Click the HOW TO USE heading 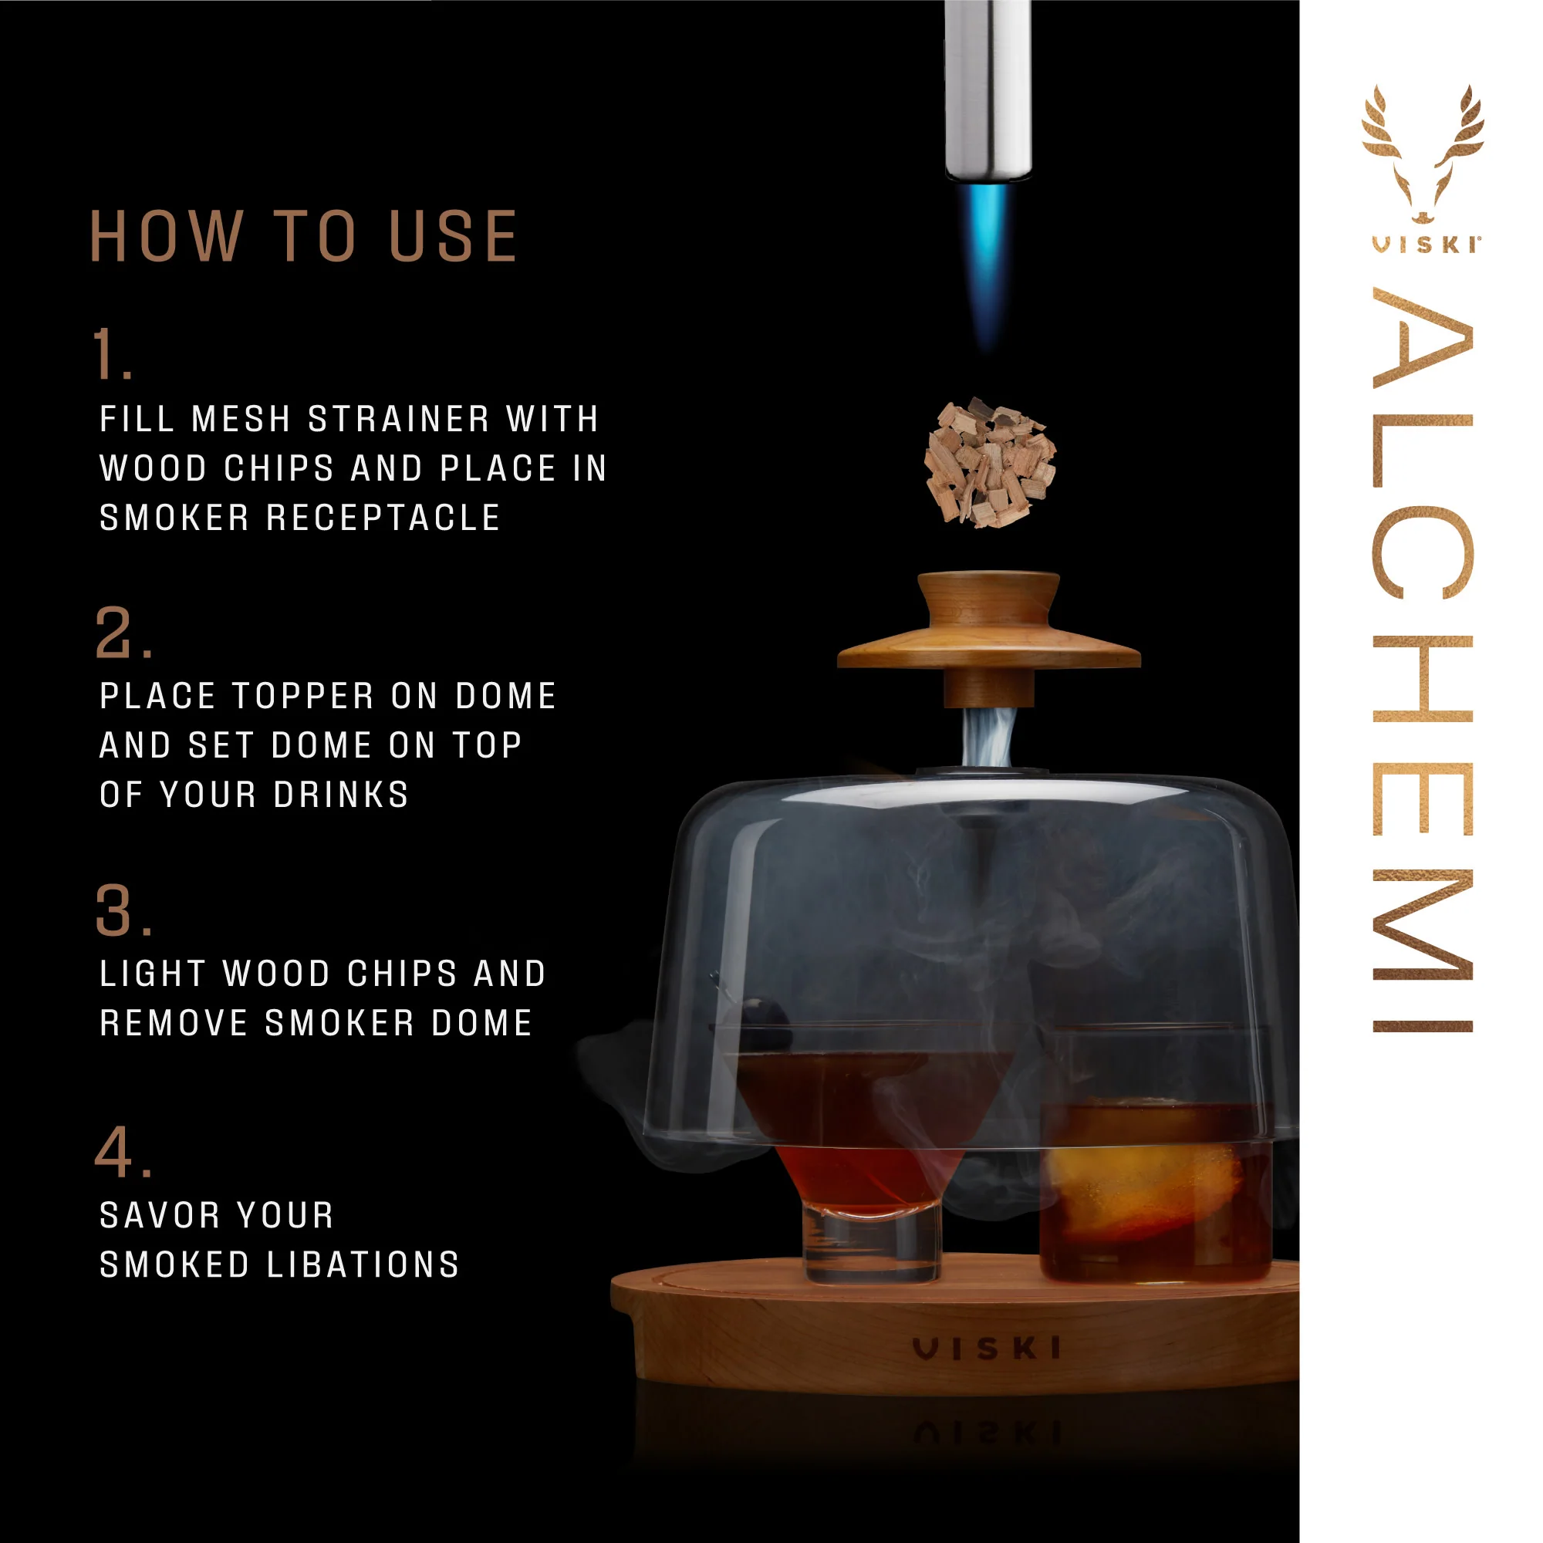tap(303, 236)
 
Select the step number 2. tap(121, 633)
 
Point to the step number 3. tap(121, 910)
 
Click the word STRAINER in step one tap(399, 419)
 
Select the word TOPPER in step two tap(303, 697)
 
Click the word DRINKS tap(341, 795)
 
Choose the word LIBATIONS tap(363, 1265)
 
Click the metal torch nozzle tap(988, 88)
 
